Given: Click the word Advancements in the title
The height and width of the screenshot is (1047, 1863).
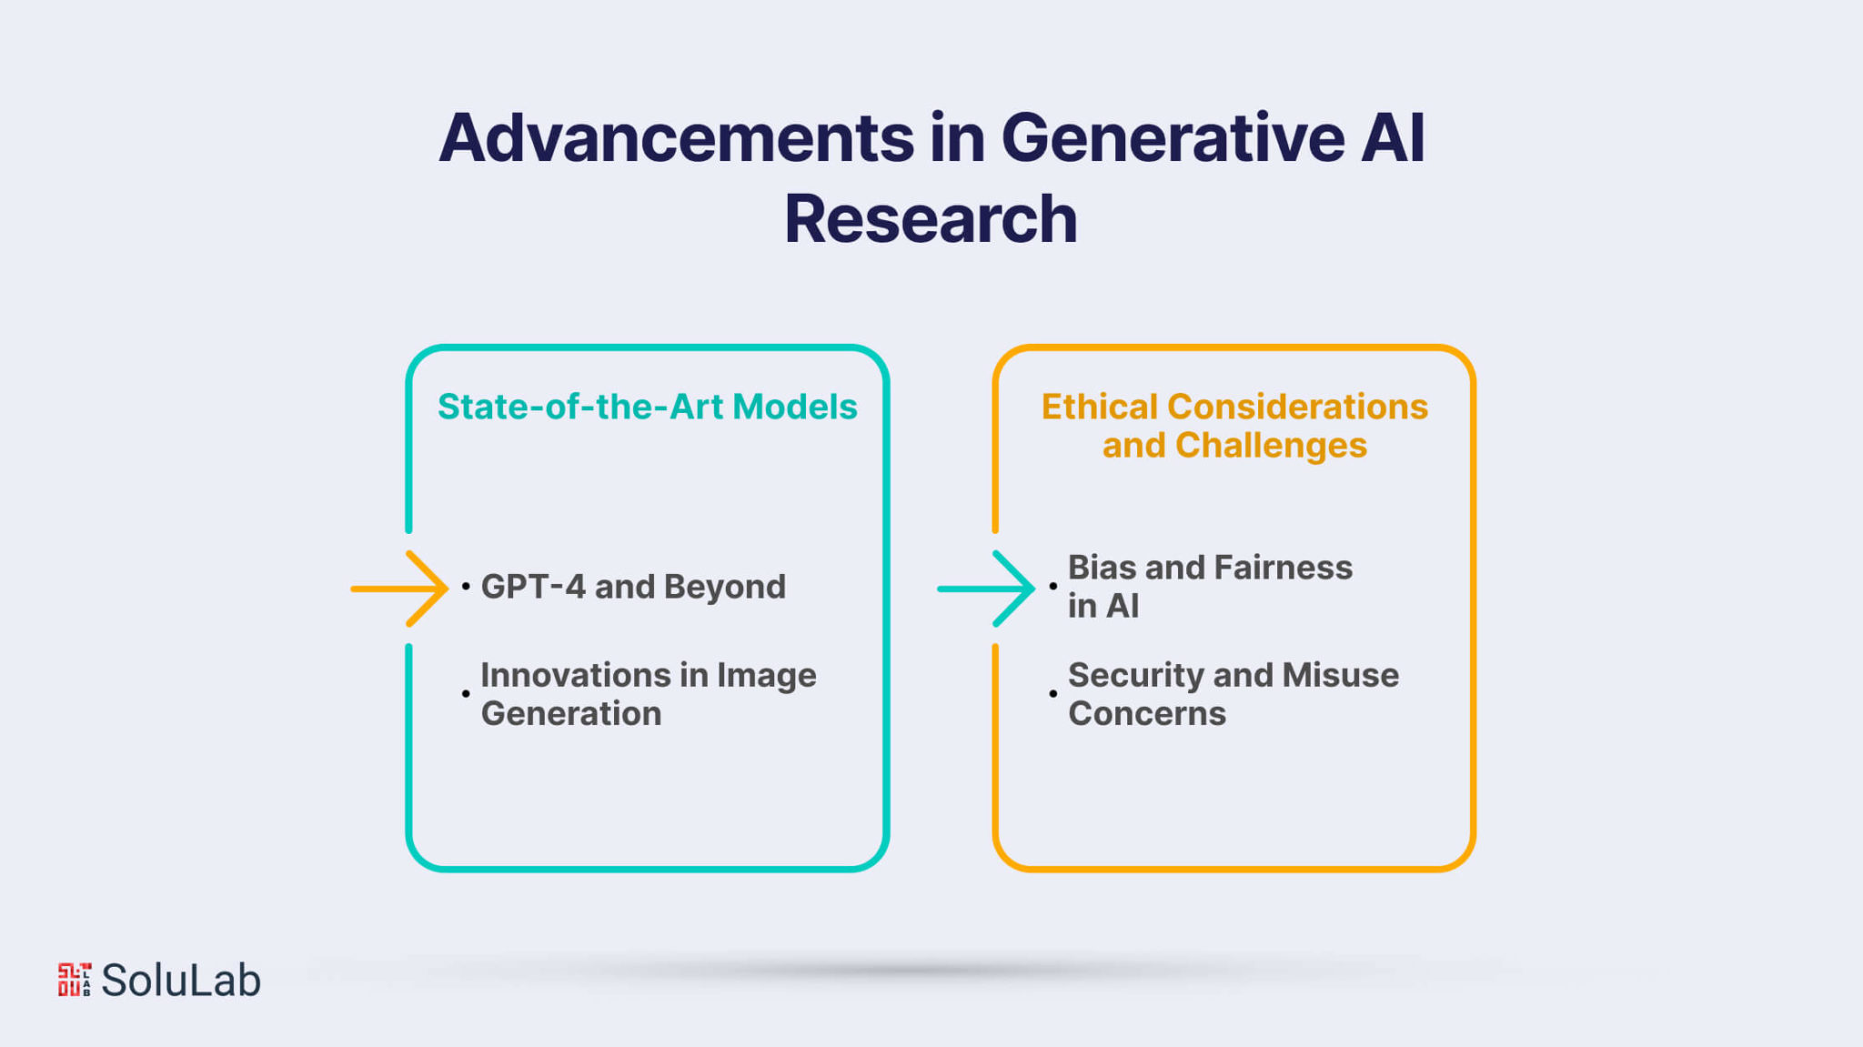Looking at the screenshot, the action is tap(676, 138).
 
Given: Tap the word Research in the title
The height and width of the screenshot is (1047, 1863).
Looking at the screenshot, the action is tap(931, 219).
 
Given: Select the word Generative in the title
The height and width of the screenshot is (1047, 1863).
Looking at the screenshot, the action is tap(1173, 138).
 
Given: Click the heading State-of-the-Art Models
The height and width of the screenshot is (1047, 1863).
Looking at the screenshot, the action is tap(647, 407).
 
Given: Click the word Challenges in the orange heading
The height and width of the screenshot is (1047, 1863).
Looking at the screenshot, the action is tap(1271, 446).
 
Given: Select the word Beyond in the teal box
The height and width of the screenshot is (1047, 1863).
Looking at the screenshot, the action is tap(725, 587).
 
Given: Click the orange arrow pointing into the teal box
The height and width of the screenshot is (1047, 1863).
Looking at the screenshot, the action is tap(399, 589).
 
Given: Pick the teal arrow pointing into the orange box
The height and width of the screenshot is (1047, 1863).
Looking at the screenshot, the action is tap(986, 589).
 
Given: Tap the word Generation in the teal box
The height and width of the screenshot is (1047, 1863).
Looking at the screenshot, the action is tap(571, 713).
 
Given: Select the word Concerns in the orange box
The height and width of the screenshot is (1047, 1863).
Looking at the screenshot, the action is tap(1147, 713).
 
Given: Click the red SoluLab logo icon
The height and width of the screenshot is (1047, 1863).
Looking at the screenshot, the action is tap(75, 980).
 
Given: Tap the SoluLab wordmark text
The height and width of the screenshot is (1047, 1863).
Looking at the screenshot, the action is tap(181, 981).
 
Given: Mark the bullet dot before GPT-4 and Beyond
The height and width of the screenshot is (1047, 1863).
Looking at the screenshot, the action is tap(466, 587).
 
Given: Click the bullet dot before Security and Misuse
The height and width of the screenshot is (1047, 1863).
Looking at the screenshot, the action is tap(1052, 694).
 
